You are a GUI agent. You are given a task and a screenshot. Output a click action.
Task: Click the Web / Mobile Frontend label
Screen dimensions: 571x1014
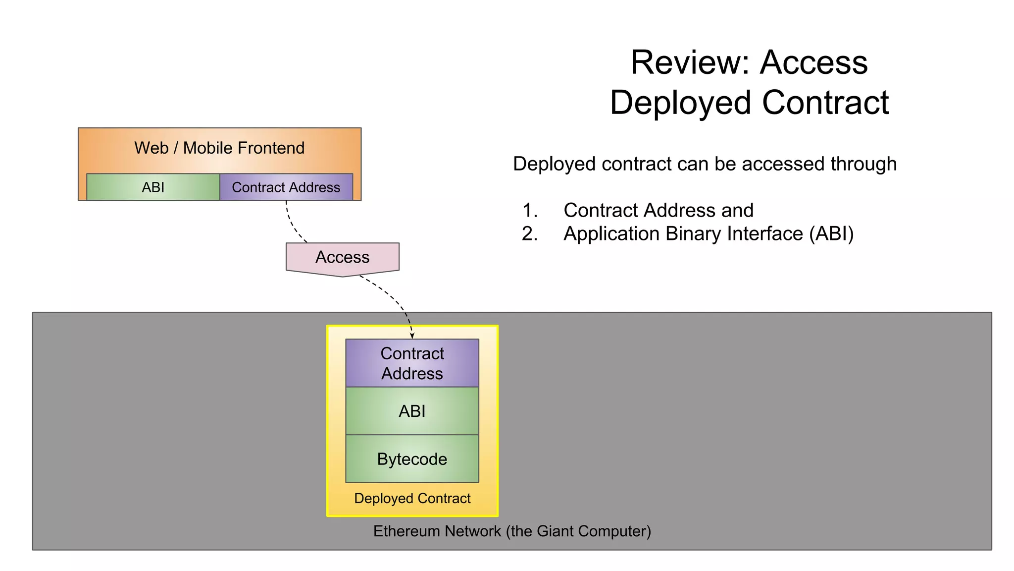coord(219,148)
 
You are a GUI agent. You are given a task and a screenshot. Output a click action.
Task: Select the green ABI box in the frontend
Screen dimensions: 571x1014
coord(153,187)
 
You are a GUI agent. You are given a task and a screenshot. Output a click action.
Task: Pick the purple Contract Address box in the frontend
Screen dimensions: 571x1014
coord(286,187)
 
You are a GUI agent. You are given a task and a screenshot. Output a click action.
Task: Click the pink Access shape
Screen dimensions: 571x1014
coord(343,258)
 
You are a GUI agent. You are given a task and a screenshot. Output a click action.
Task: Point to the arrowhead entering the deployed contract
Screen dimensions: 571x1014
coord(412,336)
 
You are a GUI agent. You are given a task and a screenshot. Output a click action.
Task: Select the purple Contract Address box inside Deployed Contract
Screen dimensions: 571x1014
coord(412,363)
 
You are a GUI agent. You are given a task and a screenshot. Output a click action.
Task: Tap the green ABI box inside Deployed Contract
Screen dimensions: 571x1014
coord(412,411)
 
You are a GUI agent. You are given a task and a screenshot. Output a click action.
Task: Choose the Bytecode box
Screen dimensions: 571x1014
coord(412,459)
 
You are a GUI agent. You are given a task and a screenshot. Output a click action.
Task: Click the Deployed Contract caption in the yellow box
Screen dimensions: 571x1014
coord(412,498)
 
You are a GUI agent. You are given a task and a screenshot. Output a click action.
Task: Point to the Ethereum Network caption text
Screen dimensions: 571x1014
coord(512,531)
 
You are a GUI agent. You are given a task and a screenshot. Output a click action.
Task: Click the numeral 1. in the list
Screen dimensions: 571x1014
coord(530,211)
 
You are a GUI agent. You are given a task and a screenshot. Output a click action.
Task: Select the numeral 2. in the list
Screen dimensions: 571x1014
coord(530,234)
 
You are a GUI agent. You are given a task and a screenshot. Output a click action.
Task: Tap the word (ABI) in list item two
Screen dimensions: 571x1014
coord(831,234)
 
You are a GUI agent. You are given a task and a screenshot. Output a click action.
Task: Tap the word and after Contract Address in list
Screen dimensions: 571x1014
coord(737,211)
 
